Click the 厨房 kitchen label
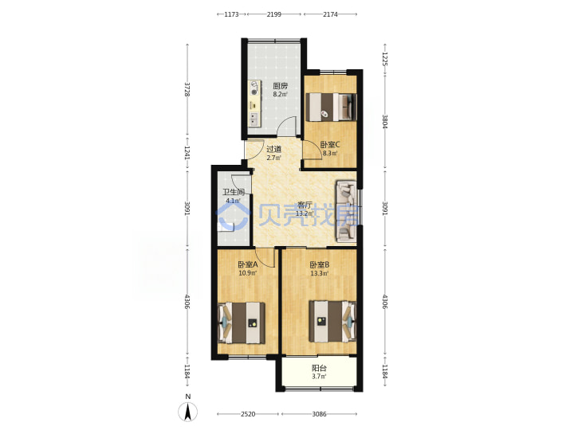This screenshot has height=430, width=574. [280, 86]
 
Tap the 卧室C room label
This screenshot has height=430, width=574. [330, 145]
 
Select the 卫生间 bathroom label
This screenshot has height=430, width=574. [234, 192]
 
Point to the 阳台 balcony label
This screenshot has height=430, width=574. [319, 368]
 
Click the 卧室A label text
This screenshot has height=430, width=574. [248, 264]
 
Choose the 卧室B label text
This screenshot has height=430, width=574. [320, 264]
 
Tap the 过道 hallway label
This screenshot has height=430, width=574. [273, 149]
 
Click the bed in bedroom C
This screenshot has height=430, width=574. [331, 107]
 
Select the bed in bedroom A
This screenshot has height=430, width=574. [242, 322]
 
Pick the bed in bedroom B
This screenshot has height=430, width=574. [332, 322]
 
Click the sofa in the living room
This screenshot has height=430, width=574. [346, 211]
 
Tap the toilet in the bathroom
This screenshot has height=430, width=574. [226, 227]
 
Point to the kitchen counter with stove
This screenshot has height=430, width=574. [254, 104]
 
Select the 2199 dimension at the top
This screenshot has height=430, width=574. [273, 14]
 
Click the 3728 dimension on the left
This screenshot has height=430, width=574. [187, 89]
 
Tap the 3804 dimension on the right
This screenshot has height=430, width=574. [385, 121]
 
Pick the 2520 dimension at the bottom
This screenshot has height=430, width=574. [248, 414]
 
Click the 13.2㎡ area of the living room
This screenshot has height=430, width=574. [305, 213]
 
